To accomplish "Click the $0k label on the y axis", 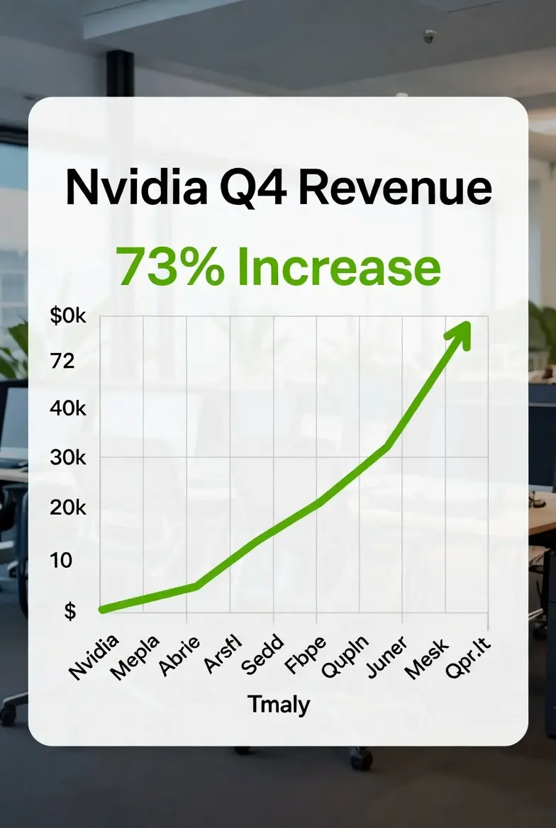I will pos(68,317).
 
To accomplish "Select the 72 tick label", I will pos(62,362).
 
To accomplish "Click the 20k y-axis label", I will pos(68,508).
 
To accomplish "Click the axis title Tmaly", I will pos(279,705).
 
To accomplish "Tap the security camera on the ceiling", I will pos(430,36).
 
